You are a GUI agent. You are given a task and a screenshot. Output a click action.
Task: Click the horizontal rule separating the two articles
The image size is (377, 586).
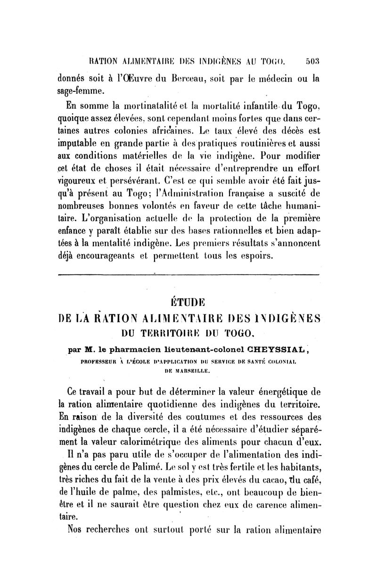(x=188, y=274)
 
